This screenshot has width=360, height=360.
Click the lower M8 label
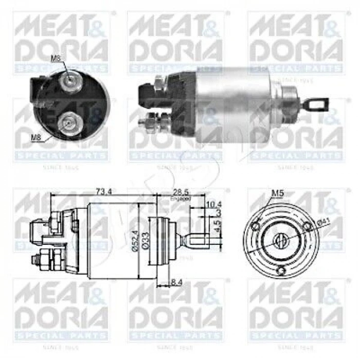[35, 137]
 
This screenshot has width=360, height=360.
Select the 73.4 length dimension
[104, 192]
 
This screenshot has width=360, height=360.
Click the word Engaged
[181, 197]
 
